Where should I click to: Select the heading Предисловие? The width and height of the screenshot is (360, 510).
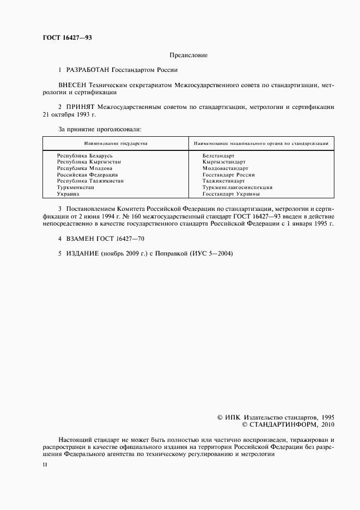pyautogui.click(x=188, y=55)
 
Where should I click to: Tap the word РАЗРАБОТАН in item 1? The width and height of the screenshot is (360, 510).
pyautogui.click(x=88, y=70)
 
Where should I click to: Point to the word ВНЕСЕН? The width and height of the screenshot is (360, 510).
pyautogui.click(x=74, y=86)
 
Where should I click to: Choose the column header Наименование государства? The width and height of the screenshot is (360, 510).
pyautogui.click(x=115, y=143)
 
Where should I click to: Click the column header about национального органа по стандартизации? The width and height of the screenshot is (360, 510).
pyautogui.click(x=260, y=143)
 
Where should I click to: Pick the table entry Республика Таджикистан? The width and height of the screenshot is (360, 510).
pyautogui.click(x=90, y=181)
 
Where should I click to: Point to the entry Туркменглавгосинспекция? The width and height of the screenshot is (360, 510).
pyautogui.click(x=237, y=187)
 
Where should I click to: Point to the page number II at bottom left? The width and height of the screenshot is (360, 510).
pyautogui.click(x=45, y=464)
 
